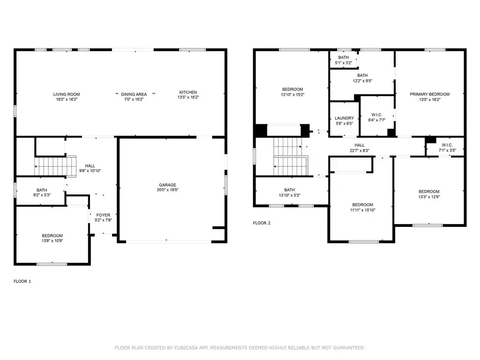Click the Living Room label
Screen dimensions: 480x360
click(x=67, y=94)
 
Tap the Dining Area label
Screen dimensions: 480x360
click(x=134, y=94)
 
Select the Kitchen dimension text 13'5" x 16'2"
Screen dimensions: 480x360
click(x=188, y=97)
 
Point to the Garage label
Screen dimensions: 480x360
click(x=167, y=185)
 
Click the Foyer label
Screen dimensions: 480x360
click(x=103, y=215)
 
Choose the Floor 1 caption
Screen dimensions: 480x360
click(x=22, y=281)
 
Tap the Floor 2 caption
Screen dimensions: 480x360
click(x=262, y=223)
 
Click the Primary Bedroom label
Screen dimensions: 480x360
click(x=430, y=94)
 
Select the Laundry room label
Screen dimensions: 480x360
click(x=345, y=118)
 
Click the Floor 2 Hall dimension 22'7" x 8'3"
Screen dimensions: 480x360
click(x=360, y=150)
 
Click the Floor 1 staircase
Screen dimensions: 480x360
click(x=55, y=166)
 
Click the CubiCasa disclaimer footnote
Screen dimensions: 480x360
click(x=240, y=348)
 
